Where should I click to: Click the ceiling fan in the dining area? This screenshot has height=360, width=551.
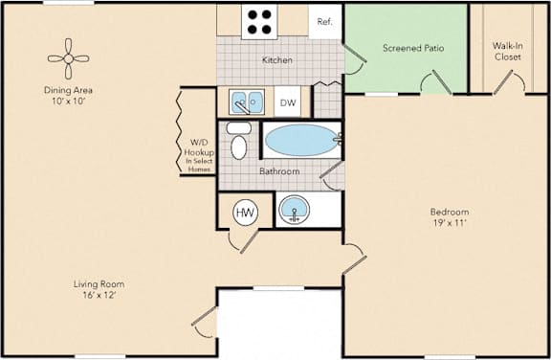69,58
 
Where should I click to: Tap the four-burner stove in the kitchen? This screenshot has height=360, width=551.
259,22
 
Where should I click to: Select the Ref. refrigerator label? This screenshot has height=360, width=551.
324,22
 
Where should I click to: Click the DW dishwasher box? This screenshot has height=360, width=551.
288,102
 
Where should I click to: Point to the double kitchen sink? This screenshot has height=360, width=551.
247,101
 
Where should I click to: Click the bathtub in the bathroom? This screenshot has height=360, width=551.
301,140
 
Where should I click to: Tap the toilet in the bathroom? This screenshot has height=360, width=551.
239,141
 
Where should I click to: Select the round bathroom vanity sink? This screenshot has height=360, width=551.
294,210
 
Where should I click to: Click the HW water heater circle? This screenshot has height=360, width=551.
246,213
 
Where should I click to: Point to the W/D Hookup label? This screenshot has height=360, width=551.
199,147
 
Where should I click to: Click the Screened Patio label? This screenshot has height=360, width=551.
413,48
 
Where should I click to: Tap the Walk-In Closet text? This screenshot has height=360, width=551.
507,52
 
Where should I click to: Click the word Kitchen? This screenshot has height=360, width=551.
277,60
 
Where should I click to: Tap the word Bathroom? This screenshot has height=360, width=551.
279,171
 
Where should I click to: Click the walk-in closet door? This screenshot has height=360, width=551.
503,82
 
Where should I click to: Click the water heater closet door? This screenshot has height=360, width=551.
249,241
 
